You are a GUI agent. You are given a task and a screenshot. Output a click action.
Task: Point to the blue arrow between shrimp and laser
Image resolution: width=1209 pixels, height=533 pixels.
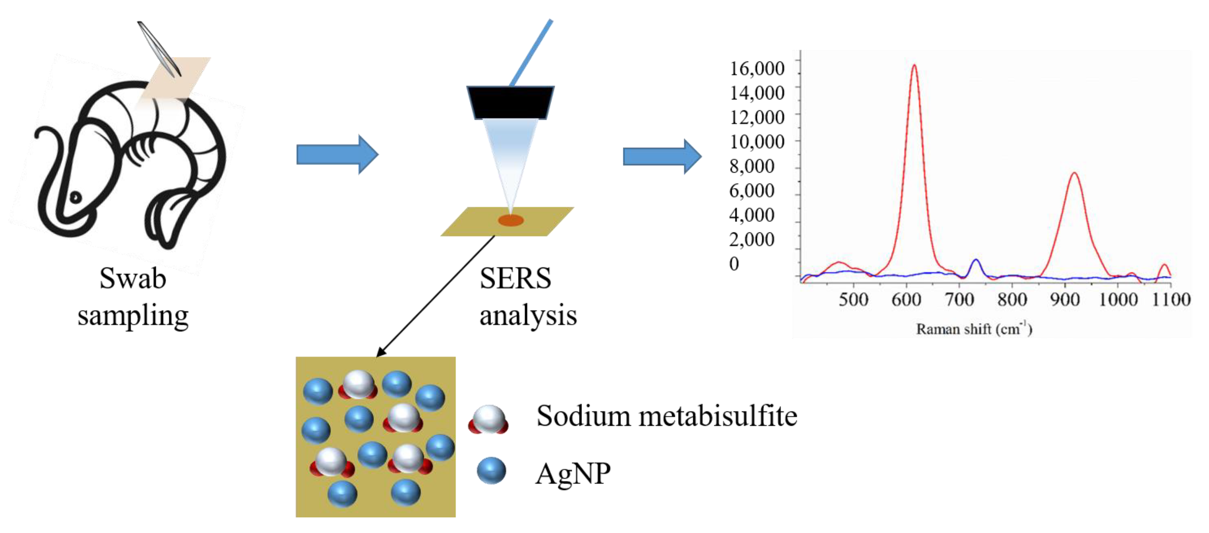click(x=337, y=154)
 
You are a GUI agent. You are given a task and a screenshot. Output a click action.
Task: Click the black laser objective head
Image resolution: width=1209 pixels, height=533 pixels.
click(x=510, y=102)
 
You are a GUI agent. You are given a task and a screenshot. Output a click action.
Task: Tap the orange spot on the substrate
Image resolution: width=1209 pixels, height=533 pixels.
click(x=510, y=220)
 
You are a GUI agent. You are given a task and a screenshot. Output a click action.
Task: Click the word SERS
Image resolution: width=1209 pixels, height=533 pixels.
click(x=515, y=278)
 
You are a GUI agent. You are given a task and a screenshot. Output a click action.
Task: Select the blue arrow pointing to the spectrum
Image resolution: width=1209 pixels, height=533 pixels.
click(x=662, y=156)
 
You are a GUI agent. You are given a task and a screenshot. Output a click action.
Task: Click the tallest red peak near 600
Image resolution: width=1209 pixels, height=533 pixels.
click(x=914, y=67)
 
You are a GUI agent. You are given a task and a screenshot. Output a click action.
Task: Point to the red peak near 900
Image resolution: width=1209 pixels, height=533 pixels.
click(x=1074, y=175)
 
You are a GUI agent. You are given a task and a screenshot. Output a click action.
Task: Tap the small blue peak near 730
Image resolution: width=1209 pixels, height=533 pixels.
click(x=976, y=261)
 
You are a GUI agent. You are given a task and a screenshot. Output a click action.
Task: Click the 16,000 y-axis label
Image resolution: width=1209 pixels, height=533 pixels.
click(x=756, y=69)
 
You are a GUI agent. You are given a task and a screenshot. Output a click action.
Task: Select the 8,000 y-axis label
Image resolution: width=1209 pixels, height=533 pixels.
click(x=751, y=166)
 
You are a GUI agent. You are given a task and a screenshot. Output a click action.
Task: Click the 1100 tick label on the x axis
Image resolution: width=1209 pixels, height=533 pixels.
click(x=1171, y=299)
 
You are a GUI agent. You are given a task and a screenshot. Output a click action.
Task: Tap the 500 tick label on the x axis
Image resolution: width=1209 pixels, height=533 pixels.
click(x=853, y=299)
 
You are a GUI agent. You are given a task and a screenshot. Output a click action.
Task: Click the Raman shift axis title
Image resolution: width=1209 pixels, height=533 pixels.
click(x=974, y=329)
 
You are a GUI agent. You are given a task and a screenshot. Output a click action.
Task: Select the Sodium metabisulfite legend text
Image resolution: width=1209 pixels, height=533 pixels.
click(x=666, y=416)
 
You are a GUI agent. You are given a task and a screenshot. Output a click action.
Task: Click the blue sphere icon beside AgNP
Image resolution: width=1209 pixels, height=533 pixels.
click(x=491, y=471)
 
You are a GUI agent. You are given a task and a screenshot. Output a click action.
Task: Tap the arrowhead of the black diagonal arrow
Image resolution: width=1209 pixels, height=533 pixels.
click(x=380, y=354)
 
